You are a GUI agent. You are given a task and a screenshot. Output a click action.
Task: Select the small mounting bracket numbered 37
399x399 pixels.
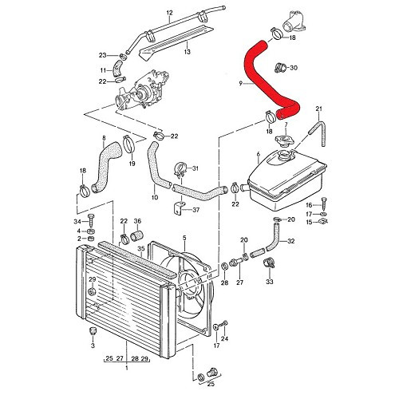(177, 211)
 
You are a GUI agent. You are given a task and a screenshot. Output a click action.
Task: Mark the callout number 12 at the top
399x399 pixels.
(169, 13)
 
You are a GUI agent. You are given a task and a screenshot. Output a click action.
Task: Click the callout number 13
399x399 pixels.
(187, 52)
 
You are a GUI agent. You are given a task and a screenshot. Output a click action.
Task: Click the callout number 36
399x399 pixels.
(137, 221)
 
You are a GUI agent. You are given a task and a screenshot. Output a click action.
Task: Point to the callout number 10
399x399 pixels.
(154, 196)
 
